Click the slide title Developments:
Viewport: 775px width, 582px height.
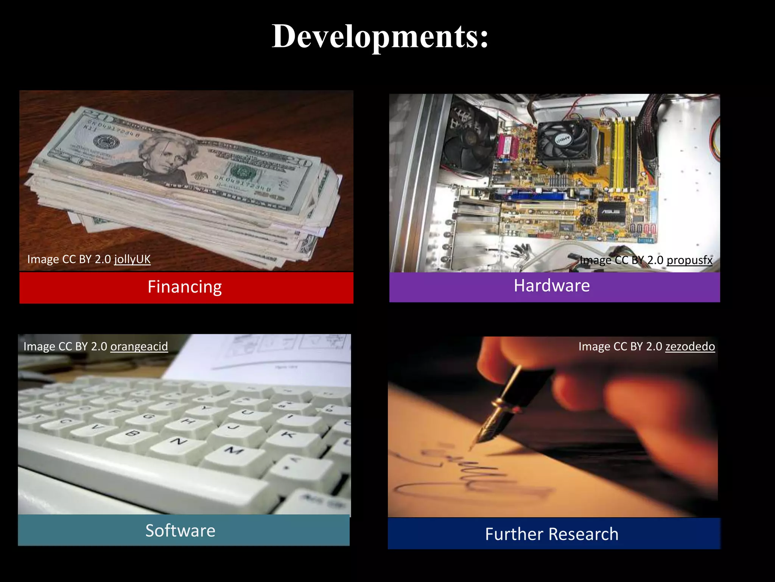380,36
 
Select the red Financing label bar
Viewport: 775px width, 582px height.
186,287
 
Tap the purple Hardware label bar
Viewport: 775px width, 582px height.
554,286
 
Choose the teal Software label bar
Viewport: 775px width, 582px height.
184,530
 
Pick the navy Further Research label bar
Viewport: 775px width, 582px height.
554,533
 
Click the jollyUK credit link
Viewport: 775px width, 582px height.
132,259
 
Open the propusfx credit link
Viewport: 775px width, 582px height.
689,260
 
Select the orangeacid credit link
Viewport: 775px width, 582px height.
139,346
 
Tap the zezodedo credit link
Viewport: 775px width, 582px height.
690,346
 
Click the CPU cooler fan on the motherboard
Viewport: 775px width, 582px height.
564,141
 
